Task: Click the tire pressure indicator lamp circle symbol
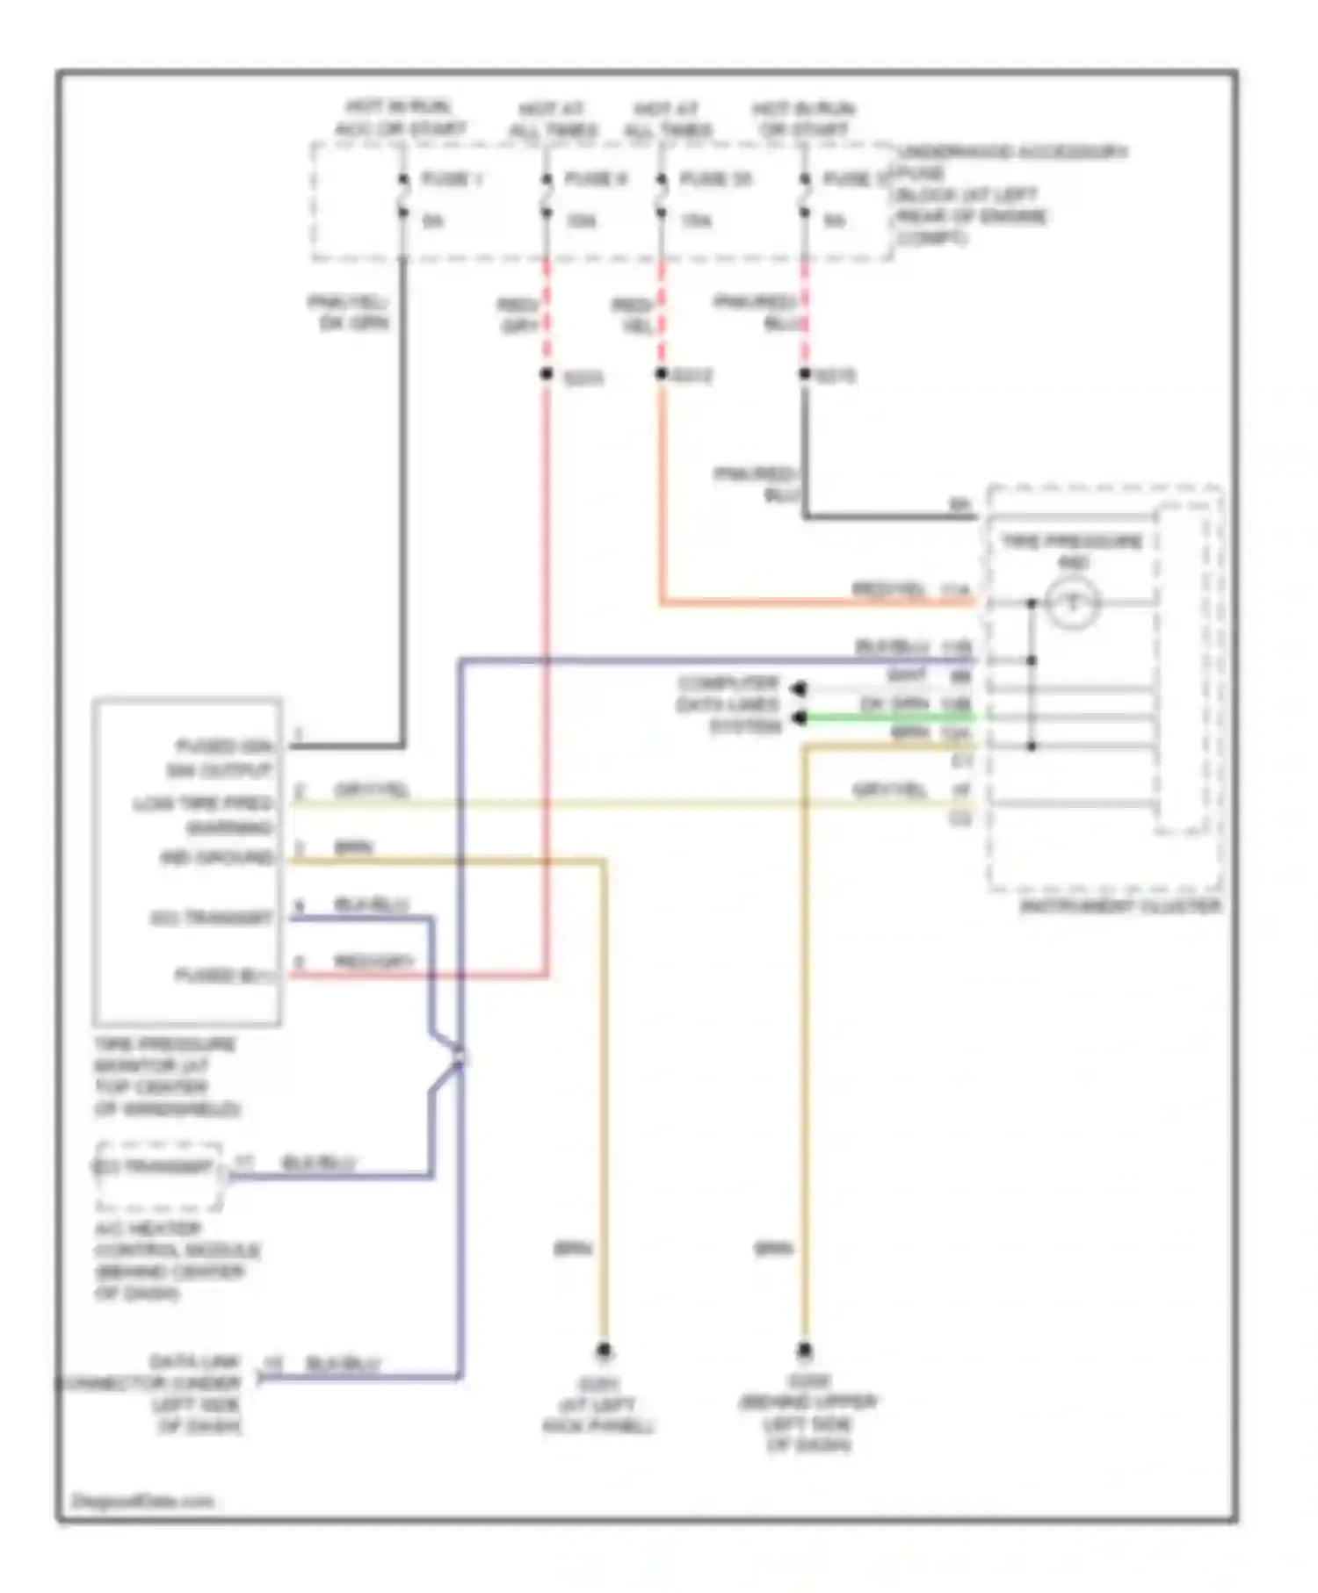click(x=1072, y=603)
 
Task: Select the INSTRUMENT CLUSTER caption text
click(x=1120, y=906)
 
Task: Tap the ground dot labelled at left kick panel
click(x=604, y=1350)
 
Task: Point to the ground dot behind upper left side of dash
click(x=804, y=1350)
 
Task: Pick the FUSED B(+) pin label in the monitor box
click(x=225, y=976)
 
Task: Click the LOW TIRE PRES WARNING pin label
click(x=204, y=816)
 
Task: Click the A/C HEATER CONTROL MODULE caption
click(x=176, y=1260)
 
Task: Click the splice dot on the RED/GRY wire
click(x=546, y=375)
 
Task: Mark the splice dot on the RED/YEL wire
click(x=661, y=374)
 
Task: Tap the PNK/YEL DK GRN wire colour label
click(x=349, y=313)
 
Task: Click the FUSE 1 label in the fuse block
click(x=452, y=179)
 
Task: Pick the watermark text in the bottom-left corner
click(x=141, y=1502)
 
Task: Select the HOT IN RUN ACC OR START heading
click(x=400, y=118)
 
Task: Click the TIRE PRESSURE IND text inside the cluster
click(x=1072, y=551)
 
